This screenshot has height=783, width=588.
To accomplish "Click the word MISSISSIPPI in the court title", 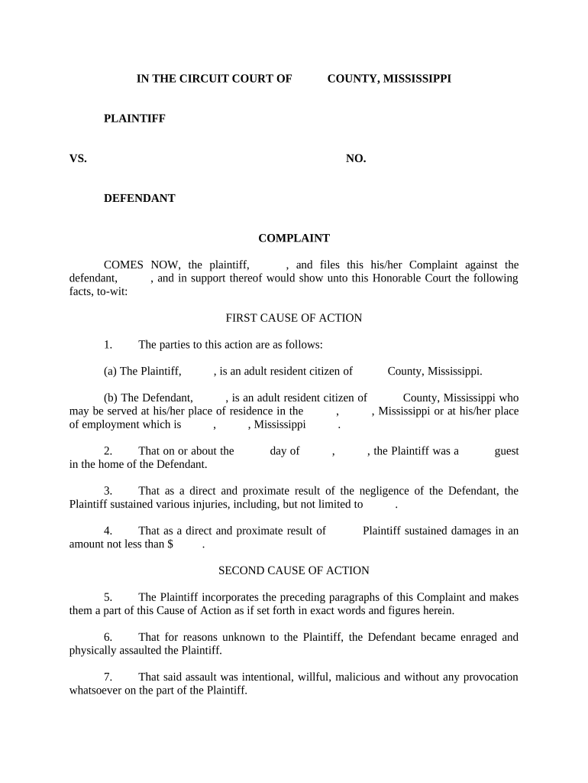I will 415,79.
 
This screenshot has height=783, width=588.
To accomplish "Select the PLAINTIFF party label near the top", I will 134,119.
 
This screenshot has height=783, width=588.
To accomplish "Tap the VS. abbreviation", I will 78,158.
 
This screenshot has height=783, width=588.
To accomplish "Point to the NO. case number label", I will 356,158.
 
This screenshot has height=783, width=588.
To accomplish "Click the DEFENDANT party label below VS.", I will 140,198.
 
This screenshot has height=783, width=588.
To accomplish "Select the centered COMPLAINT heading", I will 294,239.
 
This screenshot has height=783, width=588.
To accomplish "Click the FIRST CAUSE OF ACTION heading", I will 294,318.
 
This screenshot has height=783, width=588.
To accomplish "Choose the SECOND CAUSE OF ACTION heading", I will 294,570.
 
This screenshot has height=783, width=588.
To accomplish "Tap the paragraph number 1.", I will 108,345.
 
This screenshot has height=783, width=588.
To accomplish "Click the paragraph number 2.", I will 108,451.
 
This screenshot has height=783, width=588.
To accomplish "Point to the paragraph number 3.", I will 108,491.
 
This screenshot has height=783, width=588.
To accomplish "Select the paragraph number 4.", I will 108,531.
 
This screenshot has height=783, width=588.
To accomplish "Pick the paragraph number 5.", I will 108,597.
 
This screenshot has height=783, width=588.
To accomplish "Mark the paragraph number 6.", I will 108,637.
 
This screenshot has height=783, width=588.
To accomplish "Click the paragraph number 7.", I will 108,677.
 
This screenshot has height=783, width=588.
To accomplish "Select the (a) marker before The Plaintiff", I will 110,372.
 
